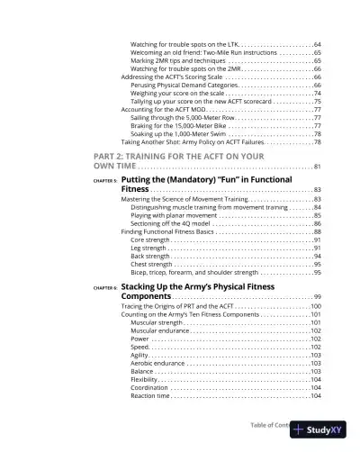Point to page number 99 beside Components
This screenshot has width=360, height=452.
pyautogui.click(x=318, y=297)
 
